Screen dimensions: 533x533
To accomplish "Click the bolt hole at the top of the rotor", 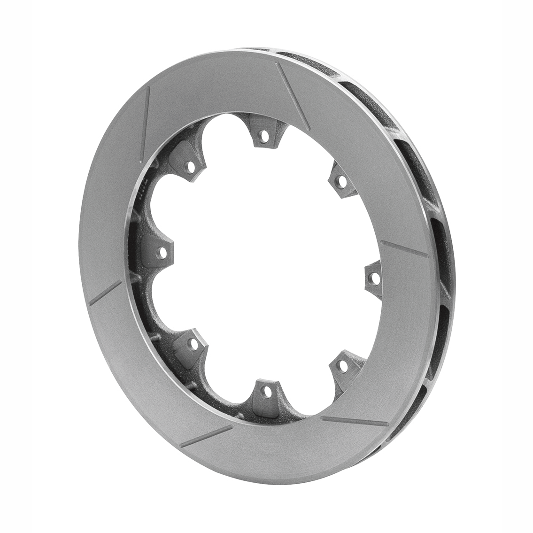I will [265, 137].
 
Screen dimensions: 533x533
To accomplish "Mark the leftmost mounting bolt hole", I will [162, 254].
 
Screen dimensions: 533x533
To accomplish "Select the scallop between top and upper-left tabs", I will [223, 141].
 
